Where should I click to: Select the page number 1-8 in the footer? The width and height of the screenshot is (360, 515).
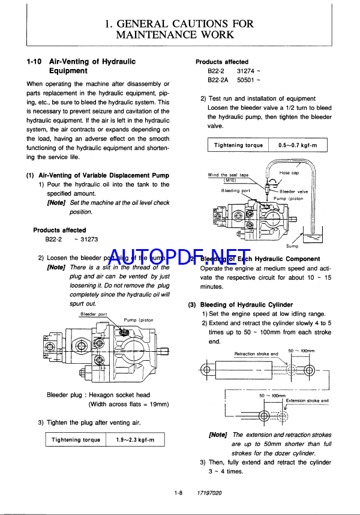point(178,493)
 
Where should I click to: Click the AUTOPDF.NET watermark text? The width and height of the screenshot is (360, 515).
point(179,259)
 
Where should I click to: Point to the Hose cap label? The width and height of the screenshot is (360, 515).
point(289,172)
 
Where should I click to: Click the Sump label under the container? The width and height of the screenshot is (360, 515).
point(292,246)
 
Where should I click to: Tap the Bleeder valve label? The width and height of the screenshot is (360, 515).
point(293,191)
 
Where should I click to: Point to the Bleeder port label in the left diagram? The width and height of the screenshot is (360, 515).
point(94,314)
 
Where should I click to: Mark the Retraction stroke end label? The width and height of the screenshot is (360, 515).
point(256,354)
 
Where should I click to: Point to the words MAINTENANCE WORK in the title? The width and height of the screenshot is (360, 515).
point(179,35)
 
